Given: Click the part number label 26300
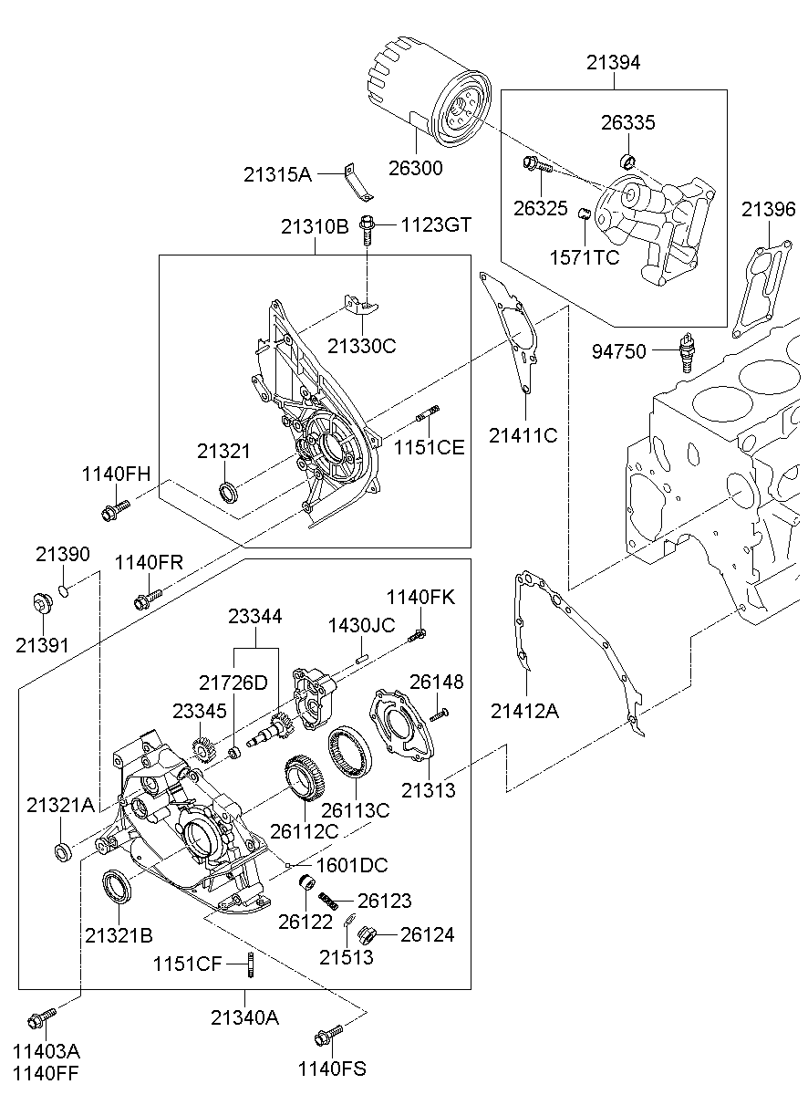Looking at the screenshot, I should [x=417, y=168].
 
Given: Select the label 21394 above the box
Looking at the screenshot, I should [x=613, y=62].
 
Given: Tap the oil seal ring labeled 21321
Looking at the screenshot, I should [x=229, y=493].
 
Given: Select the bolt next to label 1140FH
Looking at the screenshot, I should [x=114, y=510].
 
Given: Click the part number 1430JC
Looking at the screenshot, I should [x=361, y=625].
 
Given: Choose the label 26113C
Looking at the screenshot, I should [x=355, y=809].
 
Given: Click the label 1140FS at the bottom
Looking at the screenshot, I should [x=332, y=1069].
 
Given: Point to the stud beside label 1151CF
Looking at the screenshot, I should [x=248, y=963].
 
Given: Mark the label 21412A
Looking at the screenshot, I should [x=524, y=710].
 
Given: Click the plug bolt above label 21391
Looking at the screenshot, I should [x=41, y=603].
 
